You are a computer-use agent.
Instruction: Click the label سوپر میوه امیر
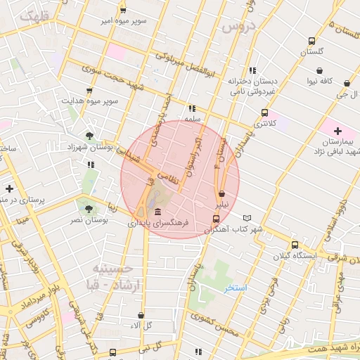click(122, 21)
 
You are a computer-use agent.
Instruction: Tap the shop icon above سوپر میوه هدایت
click(89, 91)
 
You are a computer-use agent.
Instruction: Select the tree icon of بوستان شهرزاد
click(90, 136)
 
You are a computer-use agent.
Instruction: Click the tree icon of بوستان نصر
click(89, 209)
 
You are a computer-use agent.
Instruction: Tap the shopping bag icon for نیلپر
click(221, 193)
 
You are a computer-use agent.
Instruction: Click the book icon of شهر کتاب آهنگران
click(246, 218)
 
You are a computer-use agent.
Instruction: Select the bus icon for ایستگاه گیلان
click(295, 245)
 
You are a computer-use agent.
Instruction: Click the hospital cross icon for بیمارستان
click(337, 131)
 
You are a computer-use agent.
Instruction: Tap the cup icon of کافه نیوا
click(320, 70)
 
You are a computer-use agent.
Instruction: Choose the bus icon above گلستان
click(311, 41)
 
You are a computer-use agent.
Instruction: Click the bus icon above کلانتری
click(264, 112)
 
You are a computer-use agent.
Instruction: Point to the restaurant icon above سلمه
click(191, 108)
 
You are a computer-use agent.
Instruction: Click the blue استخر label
click(236, 288)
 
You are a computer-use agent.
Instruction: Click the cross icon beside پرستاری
click(9, 188)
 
